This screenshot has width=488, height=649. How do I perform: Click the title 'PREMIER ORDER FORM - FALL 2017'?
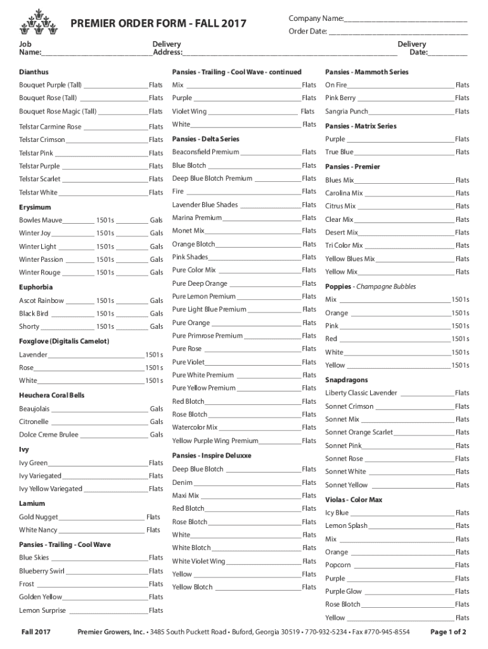pyautogui.click(x=158, y=24)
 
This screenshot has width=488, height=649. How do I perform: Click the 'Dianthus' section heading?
pyautogui.click(x=34, y=72)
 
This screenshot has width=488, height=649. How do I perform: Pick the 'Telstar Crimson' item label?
pyautogui.click(x=42, y=139)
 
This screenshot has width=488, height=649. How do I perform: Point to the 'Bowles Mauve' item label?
pyautogui.click(x=41, y=220)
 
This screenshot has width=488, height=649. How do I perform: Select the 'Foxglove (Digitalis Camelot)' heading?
pyautogui.click(x=64, y=341)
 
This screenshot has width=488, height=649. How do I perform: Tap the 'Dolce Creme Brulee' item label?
pyautogui.click(x=49, y=435)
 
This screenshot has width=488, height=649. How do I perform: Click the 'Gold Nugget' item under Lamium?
pyautogui.click(x=39, y=517)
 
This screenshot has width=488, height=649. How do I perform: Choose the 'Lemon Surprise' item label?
pyautogui.click(x=42, y=610)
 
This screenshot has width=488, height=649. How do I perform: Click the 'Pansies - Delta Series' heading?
pyautogui.click(x=205, y=139)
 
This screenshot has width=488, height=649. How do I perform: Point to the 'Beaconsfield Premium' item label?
pyautogui.click(x=205, y=152)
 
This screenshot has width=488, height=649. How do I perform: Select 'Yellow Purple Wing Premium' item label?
pyautogui.click(x=215, y=440)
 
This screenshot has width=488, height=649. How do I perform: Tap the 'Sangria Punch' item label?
pyautogui.click(x=347, y=112)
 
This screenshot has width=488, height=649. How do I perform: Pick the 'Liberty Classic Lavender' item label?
pyautogui.click(x=361, y=393)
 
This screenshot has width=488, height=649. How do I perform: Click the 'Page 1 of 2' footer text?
pyautogui.click(x=448, y=632)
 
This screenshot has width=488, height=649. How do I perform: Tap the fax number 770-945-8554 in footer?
pyautogui.click(x=387, y=632)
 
